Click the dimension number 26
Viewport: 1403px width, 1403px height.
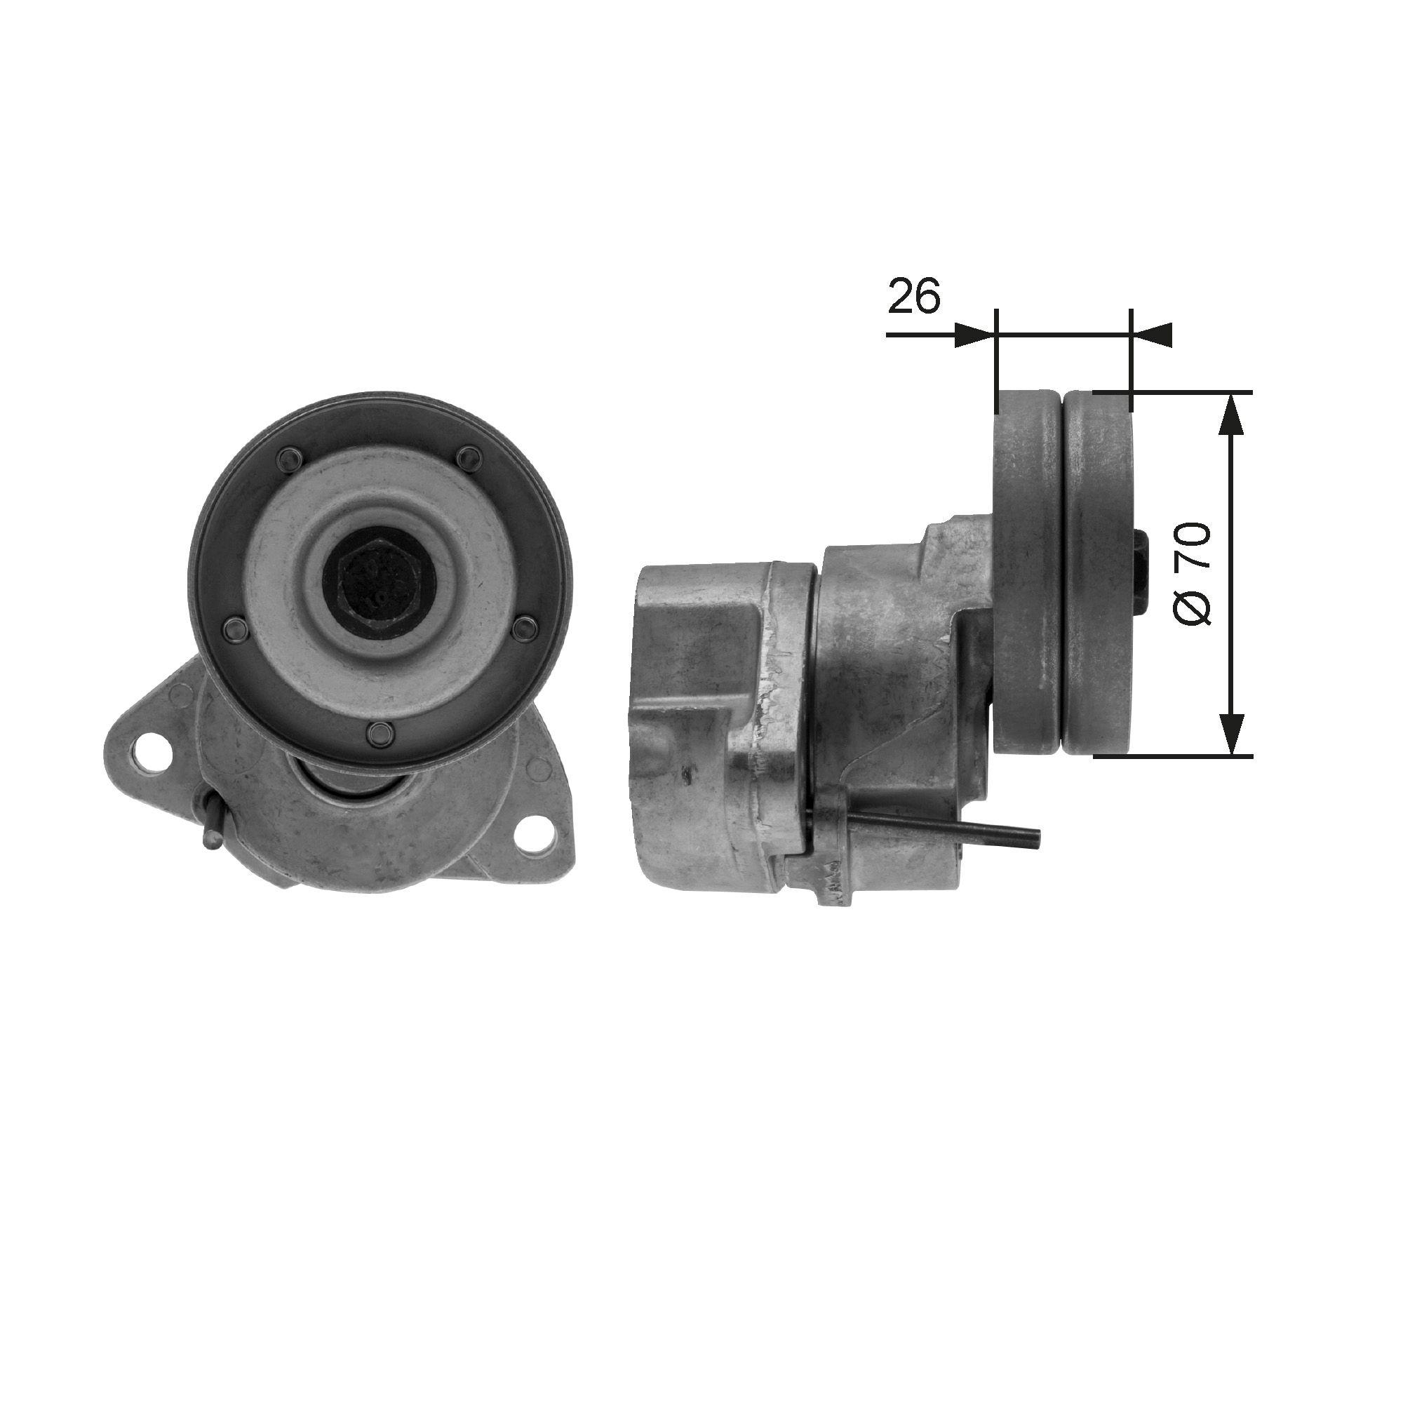pos(913,295)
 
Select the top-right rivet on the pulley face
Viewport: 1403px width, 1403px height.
pos(471,457)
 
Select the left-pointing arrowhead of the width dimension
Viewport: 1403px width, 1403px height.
pos(1153,335)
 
